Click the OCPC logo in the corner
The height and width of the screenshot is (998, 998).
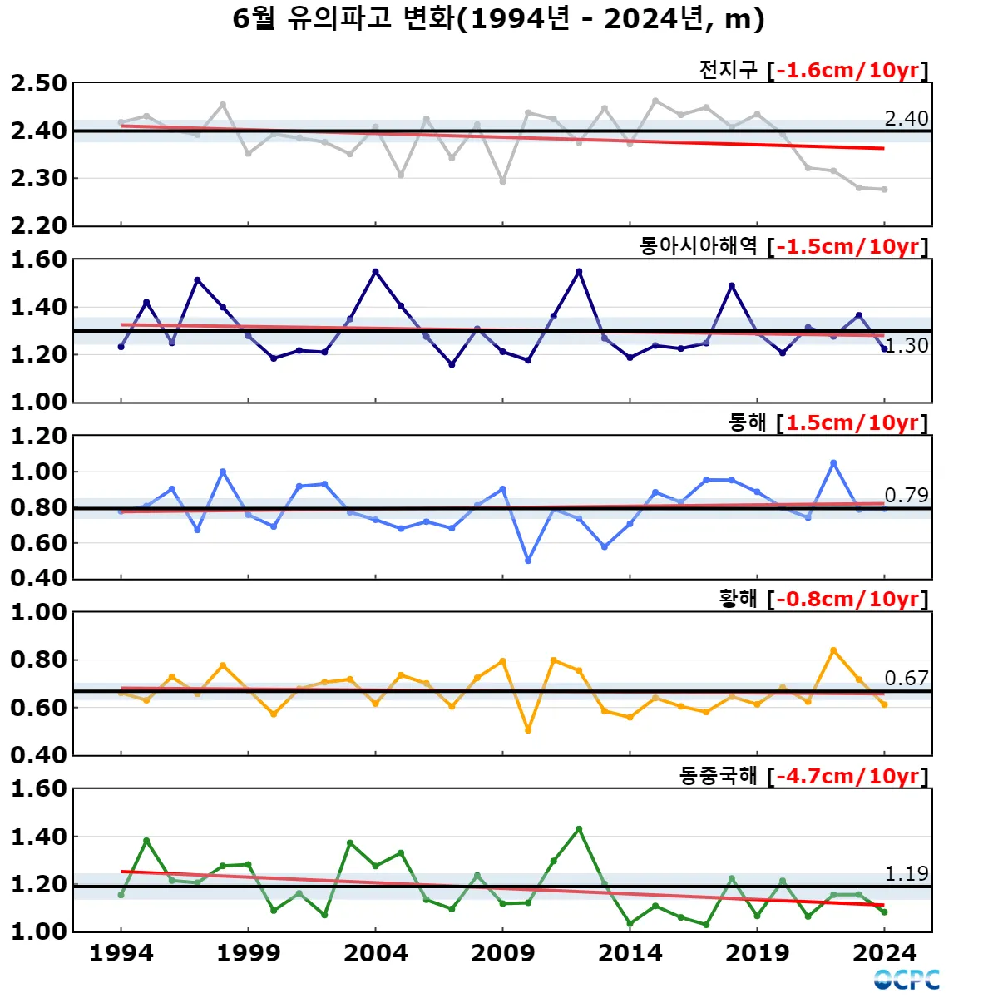pos(907,980)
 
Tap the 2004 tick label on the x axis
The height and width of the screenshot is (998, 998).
pos(375,953)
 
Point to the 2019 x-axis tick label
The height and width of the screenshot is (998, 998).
pos(757,953)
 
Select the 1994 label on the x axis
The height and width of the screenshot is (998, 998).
pos(121,953)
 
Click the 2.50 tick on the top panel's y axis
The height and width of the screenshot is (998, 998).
pos(38,84)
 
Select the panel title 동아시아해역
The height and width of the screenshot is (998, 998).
pos(698,246)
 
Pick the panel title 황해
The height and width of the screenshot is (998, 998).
pos(738,599)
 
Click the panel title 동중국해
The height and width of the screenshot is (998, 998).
pos(718,776)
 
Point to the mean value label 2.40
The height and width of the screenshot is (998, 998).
pos(906,119)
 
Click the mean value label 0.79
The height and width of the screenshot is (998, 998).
pos(906,496)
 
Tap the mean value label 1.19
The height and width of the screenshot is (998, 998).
pos(906,874)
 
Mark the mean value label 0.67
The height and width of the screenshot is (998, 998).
pos(906,679)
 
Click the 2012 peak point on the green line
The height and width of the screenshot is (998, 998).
pos(579,829)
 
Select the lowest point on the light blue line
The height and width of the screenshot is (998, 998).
pos(528,561)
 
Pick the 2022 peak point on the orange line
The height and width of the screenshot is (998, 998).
pos(833,650)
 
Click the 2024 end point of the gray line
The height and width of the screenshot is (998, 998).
pos(884,190)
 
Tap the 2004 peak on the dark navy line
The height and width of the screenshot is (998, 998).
pos(375,272)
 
